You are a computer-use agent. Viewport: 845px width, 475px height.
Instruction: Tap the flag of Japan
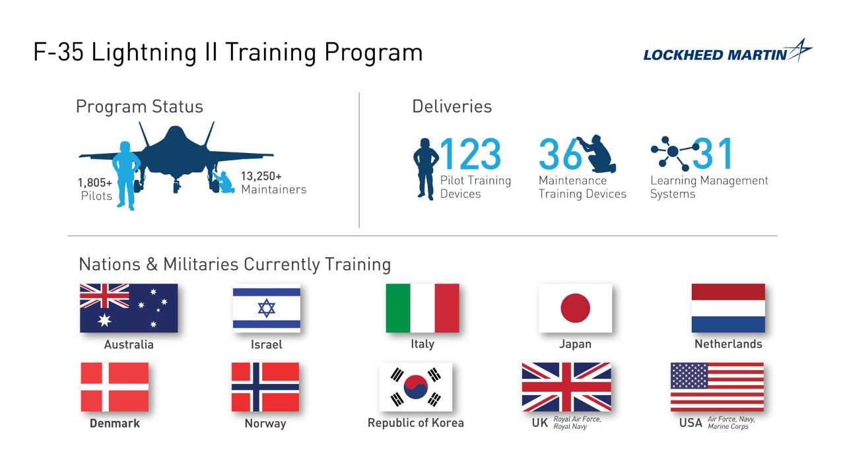575,308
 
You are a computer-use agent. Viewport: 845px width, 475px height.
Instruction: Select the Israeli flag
266,308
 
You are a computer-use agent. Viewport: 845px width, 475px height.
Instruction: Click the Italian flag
422,308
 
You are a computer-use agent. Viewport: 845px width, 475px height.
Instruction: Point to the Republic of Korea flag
416,387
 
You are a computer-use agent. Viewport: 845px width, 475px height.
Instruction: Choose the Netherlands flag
728,308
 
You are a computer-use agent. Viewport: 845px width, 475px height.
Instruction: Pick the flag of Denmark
115,387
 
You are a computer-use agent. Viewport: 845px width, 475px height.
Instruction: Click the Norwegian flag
265,387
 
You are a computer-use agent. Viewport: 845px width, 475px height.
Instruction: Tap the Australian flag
129,308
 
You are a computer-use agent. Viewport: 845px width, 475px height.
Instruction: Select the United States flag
717,387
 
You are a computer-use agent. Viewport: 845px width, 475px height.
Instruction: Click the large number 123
470,154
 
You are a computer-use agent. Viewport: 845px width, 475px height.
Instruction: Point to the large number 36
560,154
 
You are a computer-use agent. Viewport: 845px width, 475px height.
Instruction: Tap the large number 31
713,154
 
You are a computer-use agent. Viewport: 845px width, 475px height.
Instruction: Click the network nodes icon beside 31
673,152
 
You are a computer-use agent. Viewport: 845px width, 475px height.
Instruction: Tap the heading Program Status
139,107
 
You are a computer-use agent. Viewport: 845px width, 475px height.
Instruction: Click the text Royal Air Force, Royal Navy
577,423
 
